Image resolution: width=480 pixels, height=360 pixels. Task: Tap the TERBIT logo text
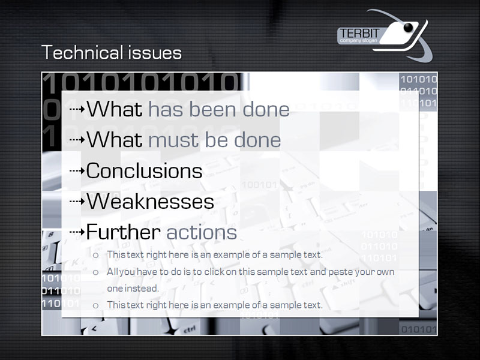coord(359,33)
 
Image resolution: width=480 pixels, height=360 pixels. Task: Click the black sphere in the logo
coord(408,27)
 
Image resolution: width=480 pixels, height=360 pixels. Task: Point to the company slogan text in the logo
coord(358,41)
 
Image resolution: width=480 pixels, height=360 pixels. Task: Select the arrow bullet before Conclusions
coord(77,170)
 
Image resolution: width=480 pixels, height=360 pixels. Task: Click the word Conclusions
coord(144,170)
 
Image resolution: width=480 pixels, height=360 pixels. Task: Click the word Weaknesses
coord(151,201)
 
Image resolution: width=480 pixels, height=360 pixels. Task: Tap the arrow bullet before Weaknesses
coord(77,201)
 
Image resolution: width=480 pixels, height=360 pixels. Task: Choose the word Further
coord(124,232)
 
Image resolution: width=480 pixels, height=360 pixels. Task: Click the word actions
coord(202,232)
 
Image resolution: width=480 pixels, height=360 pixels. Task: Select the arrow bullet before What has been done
coord(77,109)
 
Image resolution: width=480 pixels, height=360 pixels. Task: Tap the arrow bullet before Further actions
coord(77,232)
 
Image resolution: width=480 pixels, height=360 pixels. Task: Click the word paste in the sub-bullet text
coord(341,272)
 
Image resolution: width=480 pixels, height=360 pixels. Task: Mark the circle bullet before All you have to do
coord(96,272)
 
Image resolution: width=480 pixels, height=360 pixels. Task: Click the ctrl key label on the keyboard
coord(190,329)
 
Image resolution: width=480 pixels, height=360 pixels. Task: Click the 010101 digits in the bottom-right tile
coord(418,329)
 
